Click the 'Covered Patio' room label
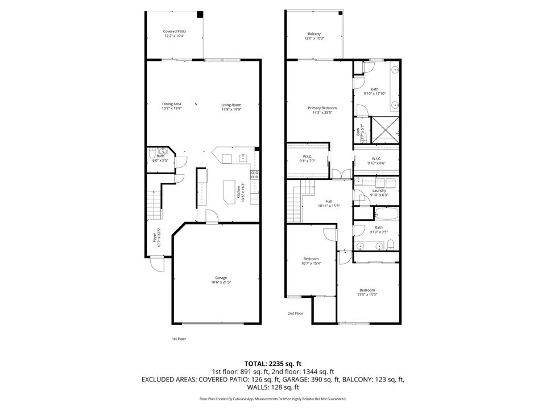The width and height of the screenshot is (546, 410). pyautogui.click(x=175, y=34)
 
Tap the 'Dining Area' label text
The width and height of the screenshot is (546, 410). pyautogui.click(x=171, y=106)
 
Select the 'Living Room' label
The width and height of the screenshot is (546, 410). pyautogui.click(x=231, y=106)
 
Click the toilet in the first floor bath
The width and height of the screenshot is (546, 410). pyautogui.click(x=152, y=154)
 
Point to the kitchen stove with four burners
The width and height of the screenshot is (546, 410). pyautogui.click(x=255, y=175)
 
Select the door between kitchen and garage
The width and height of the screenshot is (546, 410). pyautogui.click(x=211, y=217)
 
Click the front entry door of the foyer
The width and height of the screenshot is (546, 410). pyautogui.click(x=156, y=263)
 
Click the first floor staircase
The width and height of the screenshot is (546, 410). pyautogui.click(x=154, y=205)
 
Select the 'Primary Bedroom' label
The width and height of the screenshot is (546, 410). pyautogui.click(x=322, y=110)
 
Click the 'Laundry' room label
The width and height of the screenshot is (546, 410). pyautogui.click(x=379, y=192)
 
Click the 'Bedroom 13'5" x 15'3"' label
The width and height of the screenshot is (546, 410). pyautogui.click(x=367, y=292)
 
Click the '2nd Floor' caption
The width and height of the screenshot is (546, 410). pyautogui.click(x=295, y=313)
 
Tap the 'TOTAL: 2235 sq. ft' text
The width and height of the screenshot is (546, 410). pyautogui.click(x=272, y=363)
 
